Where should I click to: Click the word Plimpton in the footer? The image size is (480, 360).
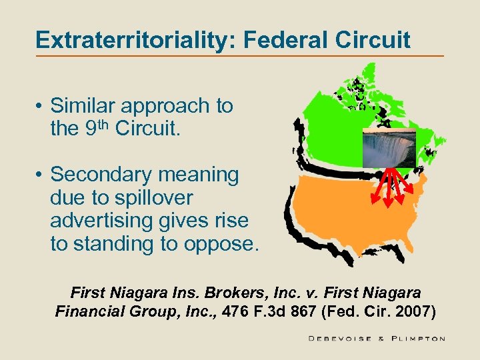(417, 339)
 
